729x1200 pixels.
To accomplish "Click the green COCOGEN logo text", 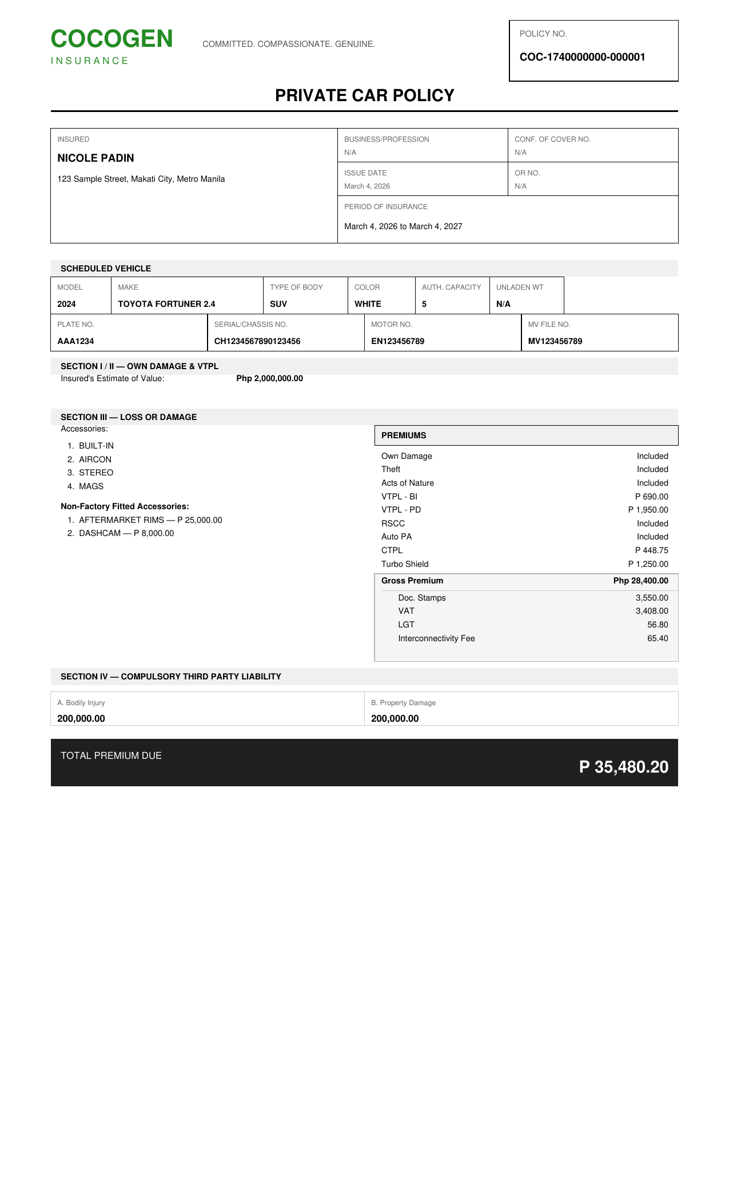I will click(111, 39).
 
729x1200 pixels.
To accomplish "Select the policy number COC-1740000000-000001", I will click(582, 57).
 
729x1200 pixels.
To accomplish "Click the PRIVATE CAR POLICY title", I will click(364, 95).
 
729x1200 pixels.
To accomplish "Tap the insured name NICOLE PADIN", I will click(95, 158).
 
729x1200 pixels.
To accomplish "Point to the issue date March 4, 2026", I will click(367, 186).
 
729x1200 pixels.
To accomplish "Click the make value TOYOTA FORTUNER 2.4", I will click(166, 304).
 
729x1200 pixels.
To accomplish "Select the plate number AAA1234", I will click(75, 341).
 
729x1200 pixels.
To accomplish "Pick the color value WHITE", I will click(368, 304).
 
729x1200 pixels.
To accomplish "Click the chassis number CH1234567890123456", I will click(257, 341).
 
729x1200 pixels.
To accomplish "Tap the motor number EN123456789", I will click(397, 341).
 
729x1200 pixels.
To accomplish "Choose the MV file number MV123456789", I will click(555, 341).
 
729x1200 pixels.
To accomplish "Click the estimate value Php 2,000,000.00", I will click(269, 378).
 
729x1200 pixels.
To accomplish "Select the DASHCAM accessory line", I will click(126, 533).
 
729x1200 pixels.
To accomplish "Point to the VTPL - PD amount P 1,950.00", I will click(648, 510).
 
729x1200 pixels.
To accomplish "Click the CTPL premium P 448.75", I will click(651, 550).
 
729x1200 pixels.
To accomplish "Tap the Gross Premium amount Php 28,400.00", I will click(640, 581).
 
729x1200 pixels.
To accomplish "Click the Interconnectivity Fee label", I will click(436, 638).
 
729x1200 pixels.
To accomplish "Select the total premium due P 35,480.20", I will click(623, 767).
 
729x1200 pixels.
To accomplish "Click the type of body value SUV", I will click(278, 304).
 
